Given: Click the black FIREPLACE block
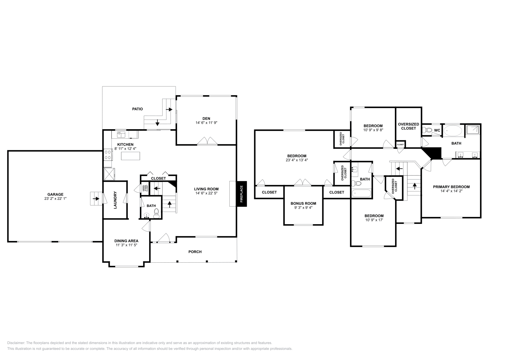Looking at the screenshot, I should (241, 194).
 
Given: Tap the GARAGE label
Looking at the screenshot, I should (55, 194).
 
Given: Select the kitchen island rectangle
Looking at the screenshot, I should (130, 156).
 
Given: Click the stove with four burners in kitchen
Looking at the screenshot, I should (108, 155).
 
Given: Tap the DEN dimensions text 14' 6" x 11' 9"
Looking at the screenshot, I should (206, 122).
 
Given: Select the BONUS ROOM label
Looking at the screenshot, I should (303, 204).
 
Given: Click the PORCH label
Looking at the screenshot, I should (195, 252).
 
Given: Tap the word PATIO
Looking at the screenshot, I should (137, 109).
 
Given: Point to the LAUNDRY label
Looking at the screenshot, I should (115, 200).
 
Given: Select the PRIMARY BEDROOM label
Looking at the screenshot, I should (451, 187).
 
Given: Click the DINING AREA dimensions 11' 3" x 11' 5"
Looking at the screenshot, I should (126, 245).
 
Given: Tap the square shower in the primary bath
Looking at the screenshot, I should (472, 130).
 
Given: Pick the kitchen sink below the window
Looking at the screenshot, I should (121, 135).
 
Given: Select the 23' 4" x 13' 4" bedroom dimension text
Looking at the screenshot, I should (296, 160).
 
